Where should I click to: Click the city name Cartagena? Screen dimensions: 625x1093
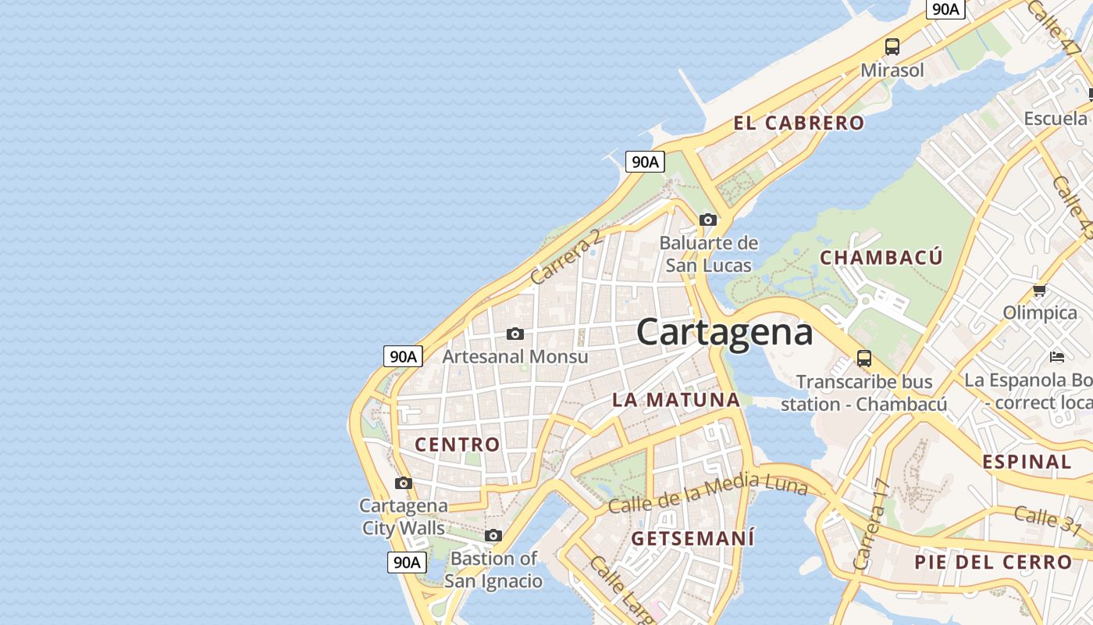[725, 333]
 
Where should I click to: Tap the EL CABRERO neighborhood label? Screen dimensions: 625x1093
[799, 123]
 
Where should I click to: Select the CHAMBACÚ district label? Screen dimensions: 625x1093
[881, 258]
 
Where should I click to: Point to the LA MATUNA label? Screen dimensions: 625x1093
[676, 400]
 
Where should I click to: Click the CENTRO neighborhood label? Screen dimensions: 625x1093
[457, 445]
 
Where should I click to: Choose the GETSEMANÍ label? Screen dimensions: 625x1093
[692, 538]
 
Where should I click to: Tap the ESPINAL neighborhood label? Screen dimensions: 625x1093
[1027, 462]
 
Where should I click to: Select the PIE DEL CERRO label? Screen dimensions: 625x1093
[993, 562]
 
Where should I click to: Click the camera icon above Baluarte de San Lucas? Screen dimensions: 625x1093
[708, 220]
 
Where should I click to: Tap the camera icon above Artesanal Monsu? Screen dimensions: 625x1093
[515, 334]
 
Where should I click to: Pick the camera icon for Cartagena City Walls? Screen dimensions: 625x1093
[404, 483]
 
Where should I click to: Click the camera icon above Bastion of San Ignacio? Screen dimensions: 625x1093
[493, 535]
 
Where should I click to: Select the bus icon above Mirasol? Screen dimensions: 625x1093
[892, 46]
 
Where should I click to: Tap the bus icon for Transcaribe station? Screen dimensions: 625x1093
[864, 359]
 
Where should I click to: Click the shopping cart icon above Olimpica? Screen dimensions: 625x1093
[1039, 291]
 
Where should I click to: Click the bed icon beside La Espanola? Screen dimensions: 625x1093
[1057, 357]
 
